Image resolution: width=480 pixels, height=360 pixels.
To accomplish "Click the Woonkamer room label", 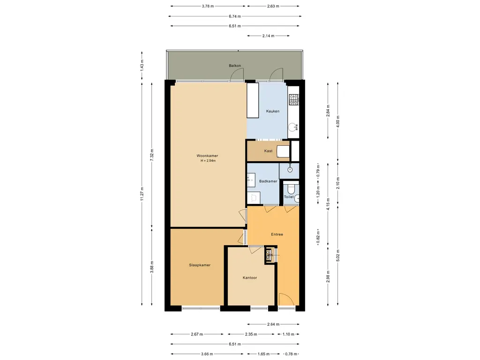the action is click(x=207, y=156).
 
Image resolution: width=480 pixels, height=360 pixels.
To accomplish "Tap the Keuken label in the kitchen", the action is click(x=272, y=111).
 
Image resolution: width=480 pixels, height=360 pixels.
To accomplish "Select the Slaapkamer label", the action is click(x=200, y=265).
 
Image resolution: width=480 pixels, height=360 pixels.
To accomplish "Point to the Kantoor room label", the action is click(x=250, y=277).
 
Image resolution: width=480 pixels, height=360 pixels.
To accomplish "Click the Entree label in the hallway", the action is click(x=277, y=234).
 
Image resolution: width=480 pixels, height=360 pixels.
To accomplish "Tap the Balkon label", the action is click(x=235, y=66).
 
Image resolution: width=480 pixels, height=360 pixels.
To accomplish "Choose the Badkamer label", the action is click(x=268, y=181).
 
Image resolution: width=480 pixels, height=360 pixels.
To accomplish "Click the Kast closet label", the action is click(x=268, y=151).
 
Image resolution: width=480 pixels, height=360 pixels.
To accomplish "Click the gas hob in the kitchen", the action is click(x=294, y=99).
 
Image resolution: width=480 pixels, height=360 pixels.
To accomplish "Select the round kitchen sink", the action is click(x=293, y=127).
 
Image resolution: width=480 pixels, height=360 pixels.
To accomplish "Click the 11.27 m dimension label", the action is click(x=142, y=193).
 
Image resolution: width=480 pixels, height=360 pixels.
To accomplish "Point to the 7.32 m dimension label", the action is click(x=152, y=155).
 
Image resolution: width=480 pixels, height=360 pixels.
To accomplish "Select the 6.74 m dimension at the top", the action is click(x=235, y=16).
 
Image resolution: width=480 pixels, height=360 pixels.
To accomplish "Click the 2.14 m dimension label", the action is click(x=268, y=36).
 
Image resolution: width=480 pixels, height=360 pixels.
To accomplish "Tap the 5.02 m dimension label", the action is click(x=338, y=255).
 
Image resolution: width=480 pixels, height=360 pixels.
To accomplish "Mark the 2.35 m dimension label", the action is click(x=251, y=334).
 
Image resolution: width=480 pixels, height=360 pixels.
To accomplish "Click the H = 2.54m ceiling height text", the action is click(x=208, y=161).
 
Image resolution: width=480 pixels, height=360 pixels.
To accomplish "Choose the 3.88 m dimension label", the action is click(x=152, y=267).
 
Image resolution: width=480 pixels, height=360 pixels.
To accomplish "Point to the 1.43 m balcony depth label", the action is click(x=142, y=65).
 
